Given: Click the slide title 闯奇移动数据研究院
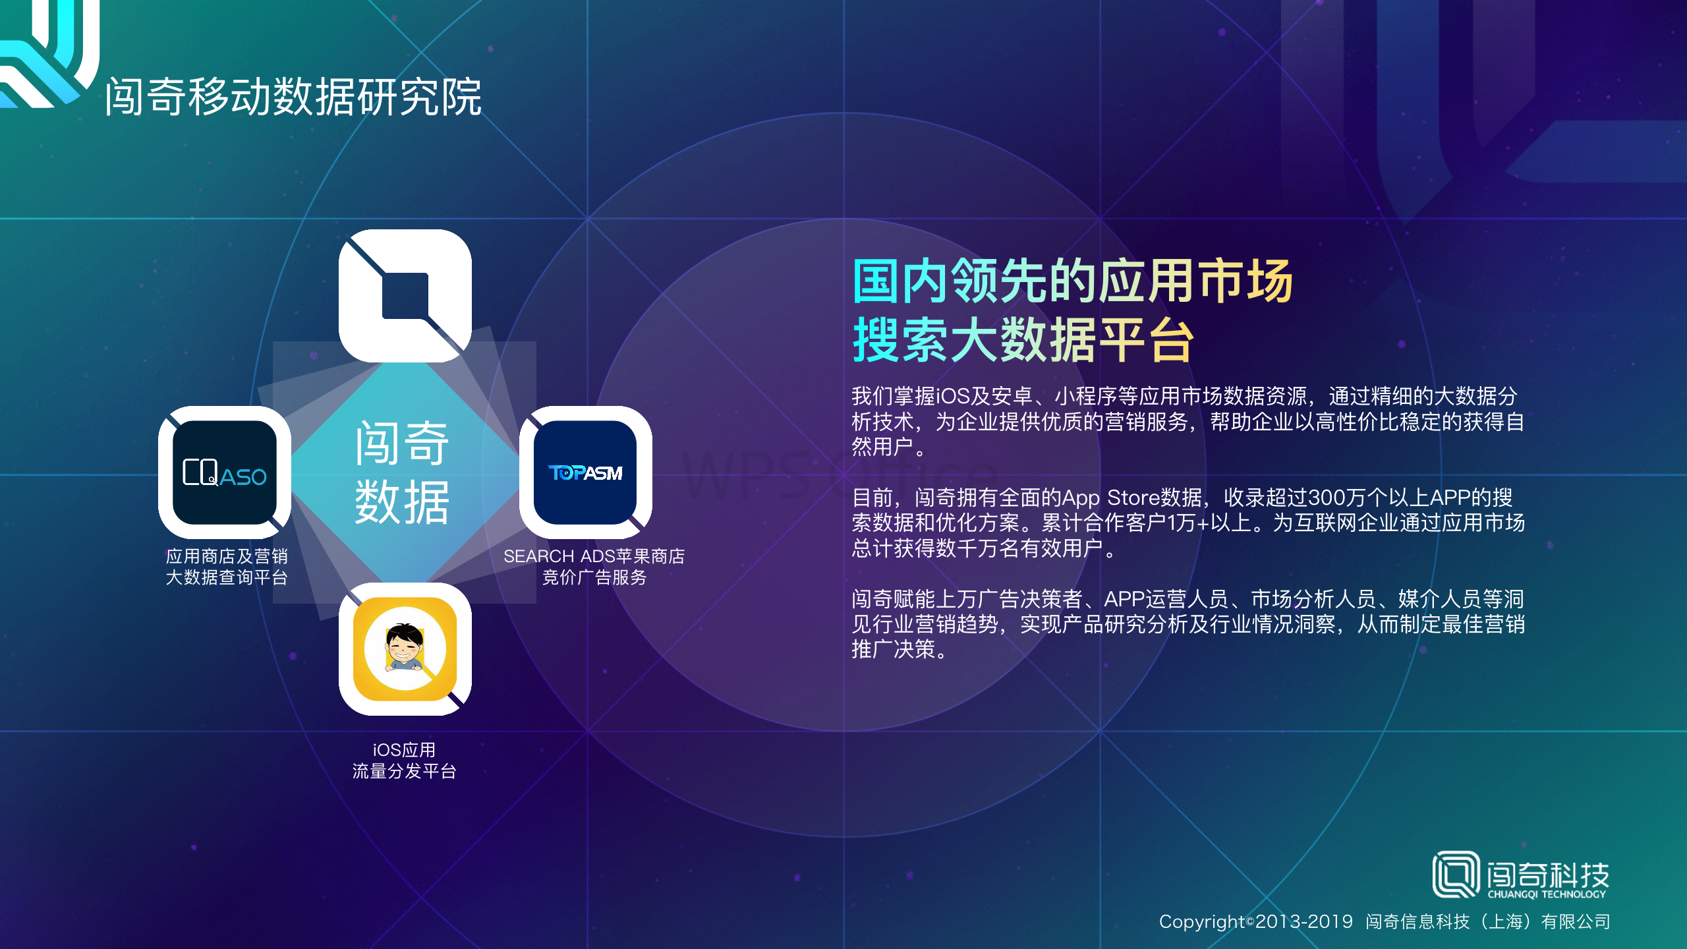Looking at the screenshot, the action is (x=293, y=97).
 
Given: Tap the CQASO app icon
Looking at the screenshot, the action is (x=225, y=473).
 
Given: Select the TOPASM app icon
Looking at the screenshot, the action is (x=585, y=473).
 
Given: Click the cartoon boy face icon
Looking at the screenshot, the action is (x=405, y=649).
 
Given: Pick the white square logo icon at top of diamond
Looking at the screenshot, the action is (x=405, y=296).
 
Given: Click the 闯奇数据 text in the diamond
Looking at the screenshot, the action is (x=402, y=473).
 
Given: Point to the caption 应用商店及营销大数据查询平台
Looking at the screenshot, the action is (x=227, y=567).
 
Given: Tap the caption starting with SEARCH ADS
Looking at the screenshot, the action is (x=594, y=567).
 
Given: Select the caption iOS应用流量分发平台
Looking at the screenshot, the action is (x=405, y=761).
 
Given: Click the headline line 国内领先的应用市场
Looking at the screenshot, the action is (x=1072, y=281).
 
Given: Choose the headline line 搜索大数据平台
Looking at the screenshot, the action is (x=1023, y=340).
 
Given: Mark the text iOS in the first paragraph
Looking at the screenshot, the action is (x=952, y=396).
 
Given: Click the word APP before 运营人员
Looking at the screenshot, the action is (x=1125, y=599).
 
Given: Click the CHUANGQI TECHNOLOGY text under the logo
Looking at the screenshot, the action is (x=1547, y=894).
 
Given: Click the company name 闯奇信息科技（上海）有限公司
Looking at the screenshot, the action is (x=1488, y=921).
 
